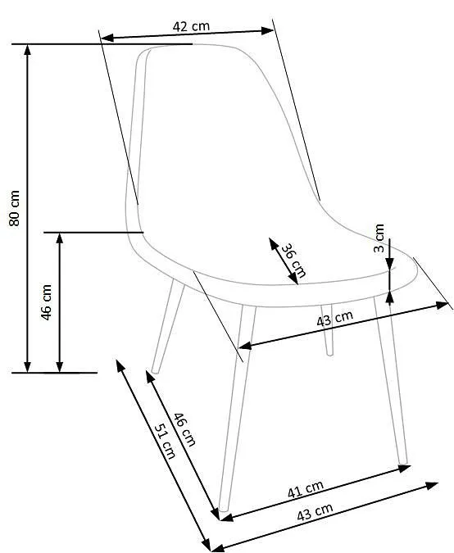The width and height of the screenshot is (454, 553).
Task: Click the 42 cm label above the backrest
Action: pos(191,26)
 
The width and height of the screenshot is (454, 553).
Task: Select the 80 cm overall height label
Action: pos(15,208)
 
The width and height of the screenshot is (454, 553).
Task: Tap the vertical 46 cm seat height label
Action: pos(47,302)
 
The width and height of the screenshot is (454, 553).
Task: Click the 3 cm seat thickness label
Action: pos(379,238)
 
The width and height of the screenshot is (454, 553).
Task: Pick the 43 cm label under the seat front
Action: pos(334,319)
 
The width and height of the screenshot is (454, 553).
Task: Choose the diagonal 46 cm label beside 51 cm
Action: pos(184,429)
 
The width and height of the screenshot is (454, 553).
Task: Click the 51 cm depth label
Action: pos(165,441)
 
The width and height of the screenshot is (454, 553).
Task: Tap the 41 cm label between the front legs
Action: pos(306,489)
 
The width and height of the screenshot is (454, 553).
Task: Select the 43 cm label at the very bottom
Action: pos(315,511)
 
